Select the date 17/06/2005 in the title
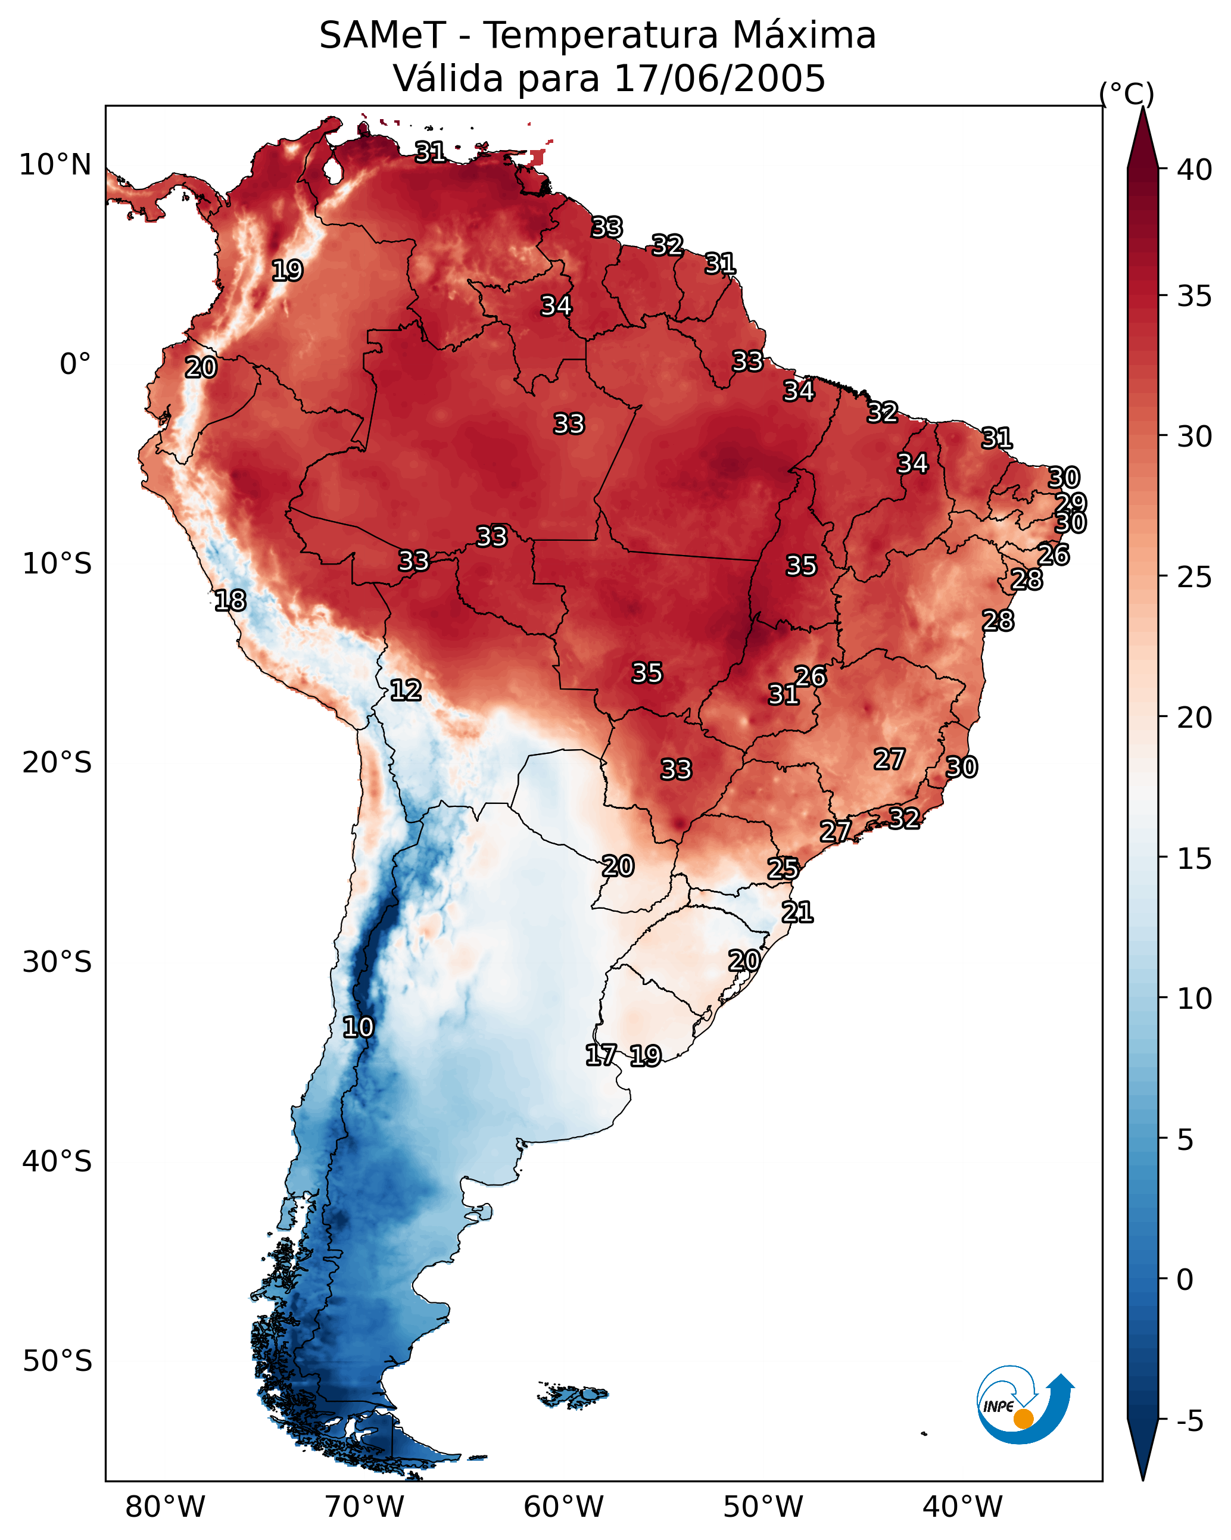[719, 79]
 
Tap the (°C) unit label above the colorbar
[1126, 93]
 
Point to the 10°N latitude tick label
[55, 165]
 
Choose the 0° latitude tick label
[75, 364]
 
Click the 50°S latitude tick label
[57, 1361]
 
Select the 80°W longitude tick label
[165, 1507]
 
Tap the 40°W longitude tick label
[962, 1507]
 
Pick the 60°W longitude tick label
[564, 1507]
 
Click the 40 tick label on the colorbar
[1195, 170]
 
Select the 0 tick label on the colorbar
[1185, 1279]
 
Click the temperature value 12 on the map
[406, 690]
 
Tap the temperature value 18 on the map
[230, 601]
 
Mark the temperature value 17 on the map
[601, 1055]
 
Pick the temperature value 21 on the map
[797, 912]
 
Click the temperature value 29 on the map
[1071, 503]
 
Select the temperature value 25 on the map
[783, 869]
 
